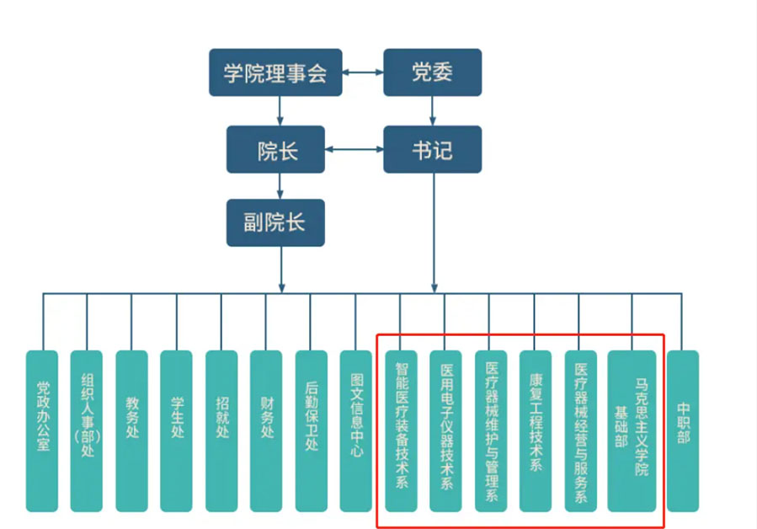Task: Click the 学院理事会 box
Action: [275, 72]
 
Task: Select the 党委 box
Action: [432, 72]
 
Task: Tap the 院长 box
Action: [275, 150]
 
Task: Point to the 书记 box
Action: [432, 150]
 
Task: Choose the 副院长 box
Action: [275, 222]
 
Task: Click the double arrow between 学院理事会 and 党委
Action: [363, 73]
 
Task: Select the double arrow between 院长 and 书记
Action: [354, 151]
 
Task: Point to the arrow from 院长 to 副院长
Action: [280, 185]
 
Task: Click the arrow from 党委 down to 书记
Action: [433, 110]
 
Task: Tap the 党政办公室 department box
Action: [42, 430]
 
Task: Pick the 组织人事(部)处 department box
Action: [87, 430]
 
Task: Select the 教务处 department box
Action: [131, 430]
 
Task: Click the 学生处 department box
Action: [177, 430]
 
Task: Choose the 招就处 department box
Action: [221, 430]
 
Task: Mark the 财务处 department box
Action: [266, 430]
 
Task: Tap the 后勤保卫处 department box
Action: [311, 430]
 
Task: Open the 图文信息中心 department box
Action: [355, 430]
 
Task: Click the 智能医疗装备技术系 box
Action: [401, 430]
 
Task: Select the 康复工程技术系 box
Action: [536, 430]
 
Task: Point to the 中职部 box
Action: [682, 430]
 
